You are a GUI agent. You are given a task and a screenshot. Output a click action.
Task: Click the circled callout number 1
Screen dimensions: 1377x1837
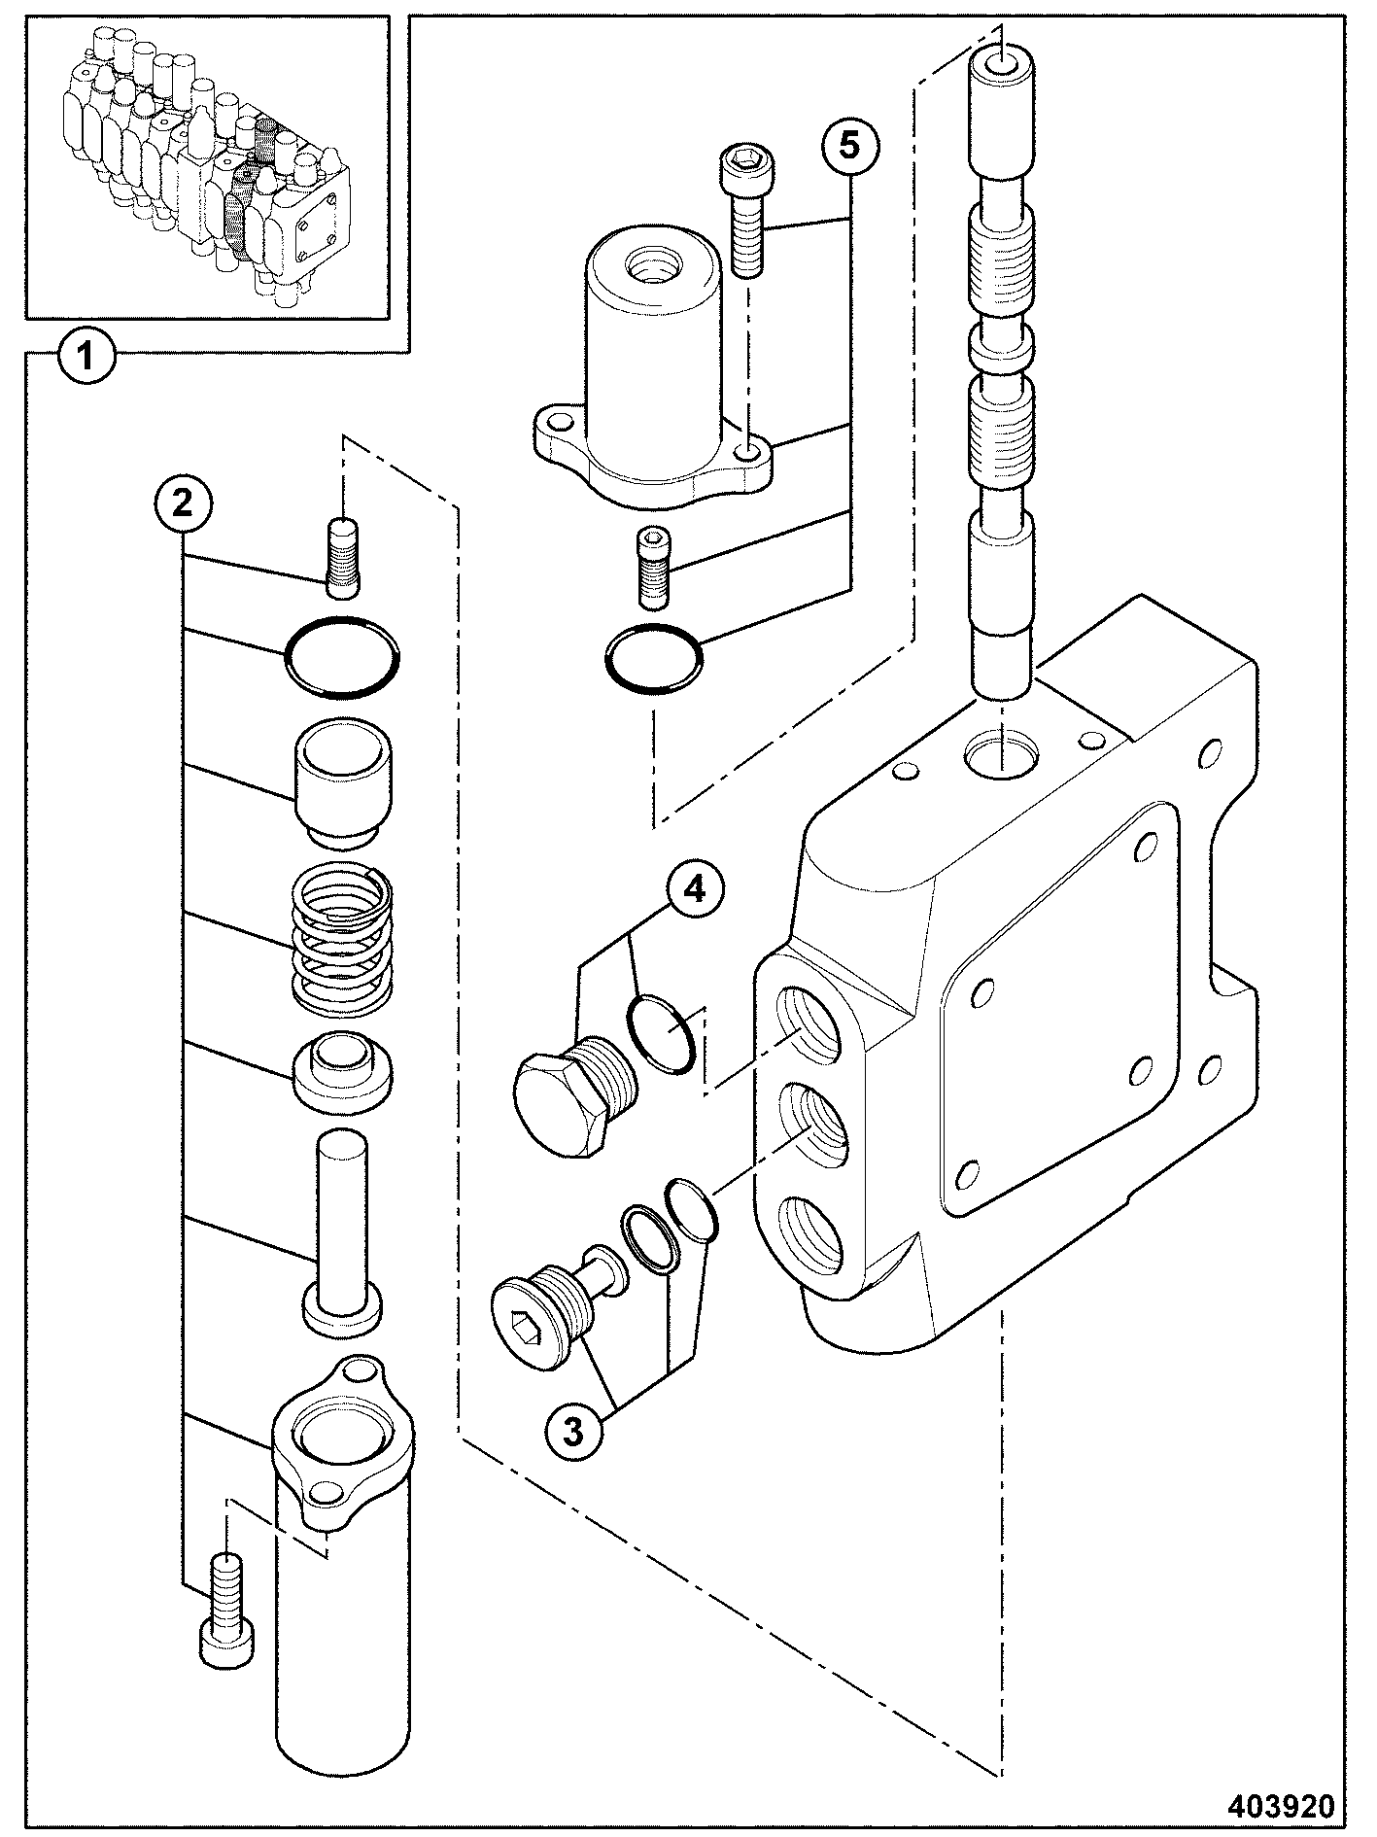pos(86,357)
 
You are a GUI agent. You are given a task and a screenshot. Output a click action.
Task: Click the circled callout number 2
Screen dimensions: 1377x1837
pos(182,503)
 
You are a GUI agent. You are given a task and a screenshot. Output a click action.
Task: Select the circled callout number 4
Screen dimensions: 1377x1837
pos(694,890)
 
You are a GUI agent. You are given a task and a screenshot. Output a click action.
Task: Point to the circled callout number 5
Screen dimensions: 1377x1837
pos(849,146)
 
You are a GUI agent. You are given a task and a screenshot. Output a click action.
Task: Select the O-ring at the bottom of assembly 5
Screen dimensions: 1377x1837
pos(653,660)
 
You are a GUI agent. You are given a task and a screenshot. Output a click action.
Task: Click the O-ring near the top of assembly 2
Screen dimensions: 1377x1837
pos(342,658)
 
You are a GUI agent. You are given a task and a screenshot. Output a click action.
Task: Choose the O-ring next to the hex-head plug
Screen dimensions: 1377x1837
pos(661,1034)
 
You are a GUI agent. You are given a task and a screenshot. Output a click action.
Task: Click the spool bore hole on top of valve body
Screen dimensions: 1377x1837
pos(1002,754)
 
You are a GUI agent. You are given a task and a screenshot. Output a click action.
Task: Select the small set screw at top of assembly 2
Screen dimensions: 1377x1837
pos(341,558)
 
